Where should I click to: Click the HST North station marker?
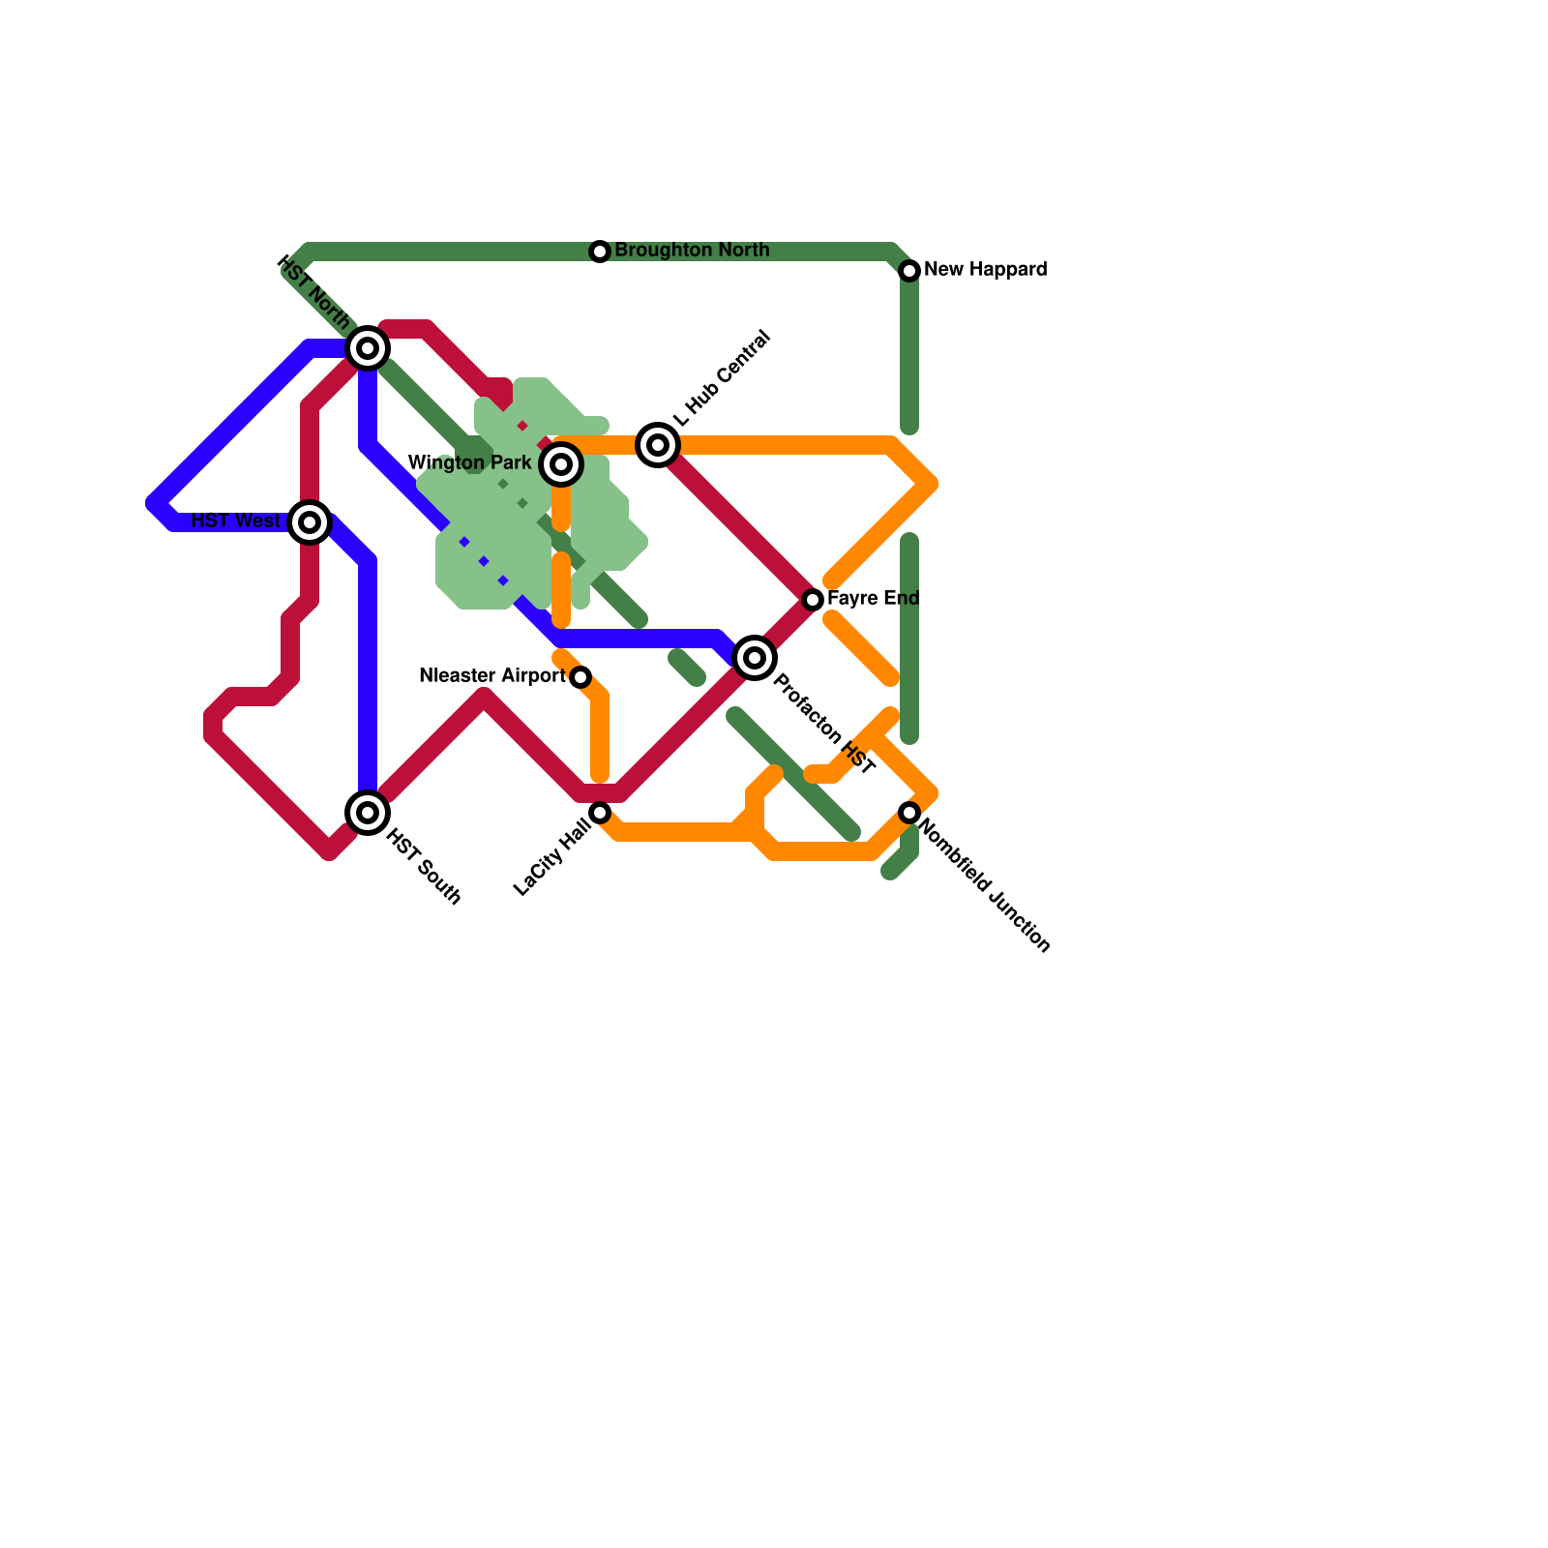[368, 348]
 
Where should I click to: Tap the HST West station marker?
[310, 522]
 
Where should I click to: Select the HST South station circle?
[368, 813]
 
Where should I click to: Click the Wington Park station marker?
[561, 464]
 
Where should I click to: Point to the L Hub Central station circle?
[658, 445]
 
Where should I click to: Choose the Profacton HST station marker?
[755, 658]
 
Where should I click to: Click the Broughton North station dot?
[600, 252]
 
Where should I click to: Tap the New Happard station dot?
[909, 271]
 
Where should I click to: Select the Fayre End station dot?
[813, 600]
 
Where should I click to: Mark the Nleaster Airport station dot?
[580, 677]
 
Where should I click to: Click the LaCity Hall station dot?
[600, 813]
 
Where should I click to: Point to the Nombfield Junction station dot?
[909, 813]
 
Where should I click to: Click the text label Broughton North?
[692, 251]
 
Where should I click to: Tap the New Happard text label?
[985, 270]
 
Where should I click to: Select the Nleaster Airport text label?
[492, 676]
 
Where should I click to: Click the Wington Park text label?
[470, 463]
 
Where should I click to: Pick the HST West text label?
[236, 521]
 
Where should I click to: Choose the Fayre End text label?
[873, 599]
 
